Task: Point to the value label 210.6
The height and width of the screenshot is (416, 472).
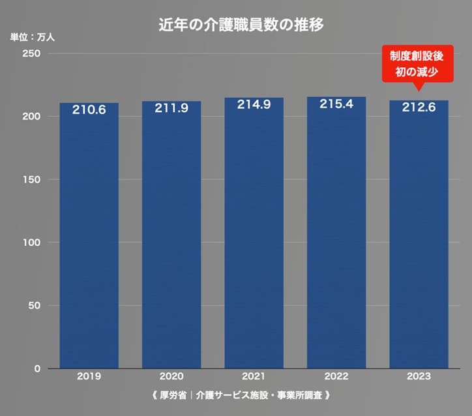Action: click(x=89, y=110)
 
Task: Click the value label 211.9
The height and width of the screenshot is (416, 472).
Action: click(x=171, y=108)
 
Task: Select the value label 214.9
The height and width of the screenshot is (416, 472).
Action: click(x=254, y=105)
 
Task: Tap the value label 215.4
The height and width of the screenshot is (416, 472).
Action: click(x=336, y=104)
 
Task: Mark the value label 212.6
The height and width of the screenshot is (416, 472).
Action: click(x=419, y=108)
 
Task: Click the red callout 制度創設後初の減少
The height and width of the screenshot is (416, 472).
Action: click(x=417, y=63)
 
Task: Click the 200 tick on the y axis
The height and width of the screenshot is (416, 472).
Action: click(x=34, y=117)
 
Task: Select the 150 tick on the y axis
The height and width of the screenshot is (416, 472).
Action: click(x=34, y=179)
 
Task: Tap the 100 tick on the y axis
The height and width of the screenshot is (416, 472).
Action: click(x=34, y=243)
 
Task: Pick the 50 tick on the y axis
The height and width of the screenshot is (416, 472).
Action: click(x=37, y=306)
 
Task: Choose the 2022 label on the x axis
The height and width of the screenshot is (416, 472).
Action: click(x=336, y=377)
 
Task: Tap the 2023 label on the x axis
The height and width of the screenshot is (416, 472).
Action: click(x=419, y=377)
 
